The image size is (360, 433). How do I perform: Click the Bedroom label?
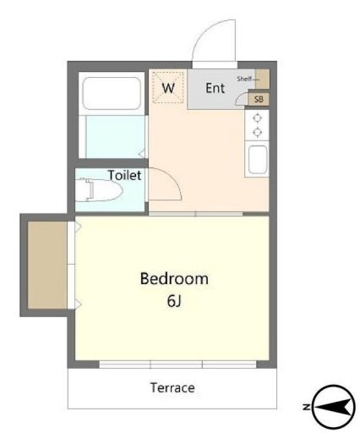coord(174,279)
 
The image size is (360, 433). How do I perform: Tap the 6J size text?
coord(174,301)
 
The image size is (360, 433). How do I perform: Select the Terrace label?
coord(172,388)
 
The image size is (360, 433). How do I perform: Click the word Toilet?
coord(125,175)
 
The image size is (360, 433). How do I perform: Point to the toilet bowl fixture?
coord(99,189)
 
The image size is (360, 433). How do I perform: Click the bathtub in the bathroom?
coord(112,93)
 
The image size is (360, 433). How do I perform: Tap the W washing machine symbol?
coord(168,88)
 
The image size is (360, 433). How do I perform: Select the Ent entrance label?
coord(215,88)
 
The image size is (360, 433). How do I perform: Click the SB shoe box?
coord(259,99)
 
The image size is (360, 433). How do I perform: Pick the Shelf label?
coord(244,79)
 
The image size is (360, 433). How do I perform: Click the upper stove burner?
coord(257,118)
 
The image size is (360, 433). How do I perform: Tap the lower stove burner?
coord(257,132)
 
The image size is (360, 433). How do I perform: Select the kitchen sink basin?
coord(258,160)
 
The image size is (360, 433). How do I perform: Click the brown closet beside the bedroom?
coord(47,265)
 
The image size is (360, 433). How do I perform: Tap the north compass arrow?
coord(335,407)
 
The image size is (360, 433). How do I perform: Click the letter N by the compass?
coord(306,407)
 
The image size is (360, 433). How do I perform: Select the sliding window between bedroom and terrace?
coord(177,364)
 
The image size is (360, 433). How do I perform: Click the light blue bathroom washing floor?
coord(115,137)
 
